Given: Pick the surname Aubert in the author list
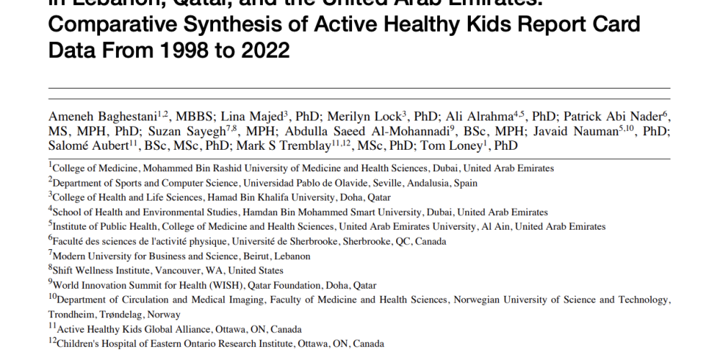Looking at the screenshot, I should click(109, 145).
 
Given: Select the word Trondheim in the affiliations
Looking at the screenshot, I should click(73, 315).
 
